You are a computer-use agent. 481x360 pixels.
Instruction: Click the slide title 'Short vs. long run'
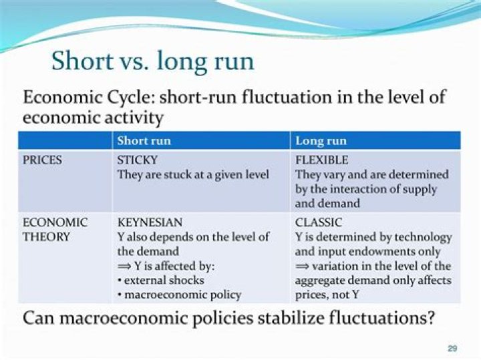click(152, 61)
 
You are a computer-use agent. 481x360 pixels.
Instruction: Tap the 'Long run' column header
click(321, 141)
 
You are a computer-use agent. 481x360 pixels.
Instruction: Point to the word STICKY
click(138, 160)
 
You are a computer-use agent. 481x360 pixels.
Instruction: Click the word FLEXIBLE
click(322, 160)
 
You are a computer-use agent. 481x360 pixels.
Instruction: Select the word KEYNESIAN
click(150, 222)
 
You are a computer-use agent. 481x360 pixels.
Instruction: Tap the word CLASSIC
click(319, 222)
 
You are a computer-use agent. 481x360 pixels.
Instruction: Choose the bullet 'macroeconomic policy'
click(179, 295)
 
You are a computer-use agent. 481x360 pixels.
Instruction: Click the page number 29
click(452, 348)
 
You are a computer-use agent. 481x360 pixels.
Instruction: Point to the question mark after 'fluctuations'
click(430, 318)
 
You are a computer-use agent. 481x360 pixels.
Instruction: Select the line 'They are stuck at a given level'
click(193, 175)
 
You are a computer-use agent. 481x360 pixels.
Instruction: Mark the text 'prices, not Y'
click(328, 295)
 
